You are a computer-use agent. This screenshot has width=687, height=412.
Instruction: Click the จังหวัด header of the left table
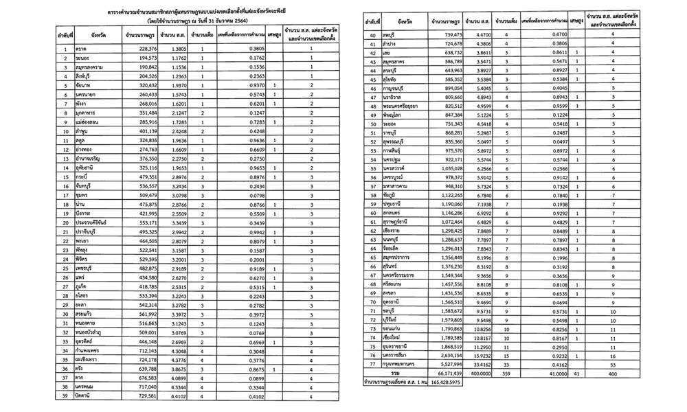[89, 33]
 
